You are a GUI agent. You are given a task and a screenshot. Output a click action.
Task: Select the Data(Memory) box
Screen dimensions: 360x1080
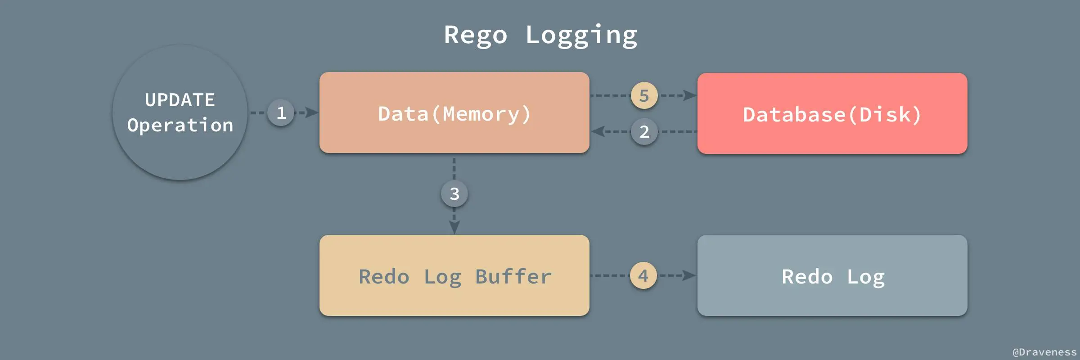[454, 112]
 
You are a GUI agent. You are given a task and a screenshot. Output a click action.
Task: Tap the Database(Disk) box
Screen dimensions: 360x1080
[832, 113]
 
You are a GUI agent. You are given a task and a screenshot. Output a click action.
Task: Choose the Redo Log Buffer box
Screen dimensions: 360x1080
[454, 275]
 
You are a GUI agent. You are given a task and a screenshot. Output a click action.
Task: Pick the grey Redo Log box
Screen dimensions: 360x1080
[832, 275]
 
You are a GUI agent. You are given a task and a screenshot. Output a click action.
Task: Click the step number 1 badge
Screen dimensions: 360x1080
[281, 112]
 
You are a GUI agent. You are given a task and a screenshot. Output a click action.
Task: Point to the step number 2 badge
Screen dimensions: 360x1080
[644, 131]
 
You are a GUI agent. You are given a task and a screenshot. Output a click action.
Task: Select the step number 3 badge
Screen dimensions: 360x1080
[454, 193]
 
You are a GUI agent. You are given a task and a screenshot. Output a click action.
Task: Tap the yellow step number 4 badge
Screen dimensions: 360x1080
[643, 275]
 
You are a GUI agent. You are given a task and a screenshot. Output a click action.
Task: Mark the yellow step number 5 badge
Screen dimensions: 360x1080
[644, 95]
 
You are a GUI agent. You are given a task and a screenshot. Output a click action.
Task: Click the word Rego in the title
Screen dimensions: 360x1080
[476, 35]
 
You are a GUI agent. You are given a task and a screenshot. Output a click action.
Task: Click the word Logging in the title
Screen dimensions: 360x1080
[581, 35]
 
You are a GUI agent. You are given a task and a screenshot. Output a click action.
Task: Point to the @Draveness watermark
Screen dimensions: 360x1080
[1044, 352]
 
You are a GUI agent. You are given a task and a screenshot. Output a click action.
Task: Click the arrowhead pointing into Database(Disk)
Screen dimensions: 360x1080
[689, 95]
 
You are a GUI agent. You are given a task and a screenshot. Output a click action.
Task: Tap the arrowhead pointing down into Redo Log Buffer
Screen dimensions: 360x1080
[454, 227]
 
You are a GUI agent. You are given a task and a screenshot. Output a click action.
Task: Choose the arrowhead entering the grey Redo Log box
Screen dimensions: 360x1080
[688, 275]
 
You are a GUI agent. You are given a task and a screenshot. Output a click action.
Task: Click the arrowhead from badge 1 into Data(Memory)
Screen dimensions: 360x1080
[311, 112]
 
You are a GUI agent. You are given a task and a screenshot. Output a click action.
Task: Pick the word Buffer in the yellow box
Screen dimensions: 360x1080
[513, 276]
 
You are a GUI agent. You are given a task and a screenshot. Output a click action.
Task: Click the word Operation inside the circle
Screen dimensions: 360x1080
[180, 125]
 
